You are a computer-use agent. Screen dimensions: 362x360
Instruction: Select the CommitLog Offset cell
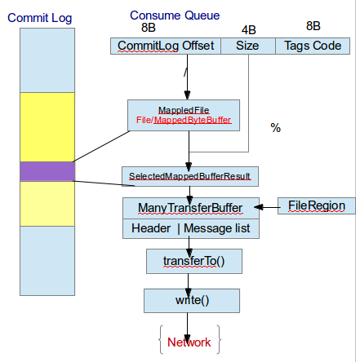pos(166,46)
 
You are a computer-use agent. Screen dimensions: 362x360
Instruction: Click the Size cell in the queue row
pos(248,46)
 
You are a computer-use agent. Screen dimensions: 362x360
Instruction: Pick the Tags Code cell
pos(313,46)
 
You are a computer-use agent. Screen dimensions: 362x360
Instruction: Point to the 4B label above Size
pos(248,31)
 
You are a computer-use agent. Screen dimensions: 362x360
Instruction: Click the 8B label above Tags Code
pos(313,26)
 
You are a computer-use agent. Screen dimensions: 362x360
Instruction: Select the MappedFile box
pos(184,115)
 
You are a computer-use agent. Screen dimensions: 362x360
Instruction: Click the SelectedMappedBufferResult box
pos(189,175)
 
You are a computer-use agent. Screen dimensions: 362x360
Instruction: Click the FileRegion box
pos(317,206)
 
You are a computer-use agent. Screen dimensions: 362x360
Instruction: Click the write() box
pos(192,300)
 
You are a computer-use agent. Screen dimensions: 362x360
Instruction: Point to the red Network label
pos(189,342)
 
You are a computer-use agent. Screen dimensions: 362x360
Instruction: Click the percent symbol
pos(276,128)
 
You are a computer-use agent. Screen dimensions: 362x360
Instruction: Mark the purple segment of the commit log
pos(47,171)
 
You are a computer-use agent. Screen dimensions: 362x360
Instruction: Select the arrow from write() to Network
pos(189,324)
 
